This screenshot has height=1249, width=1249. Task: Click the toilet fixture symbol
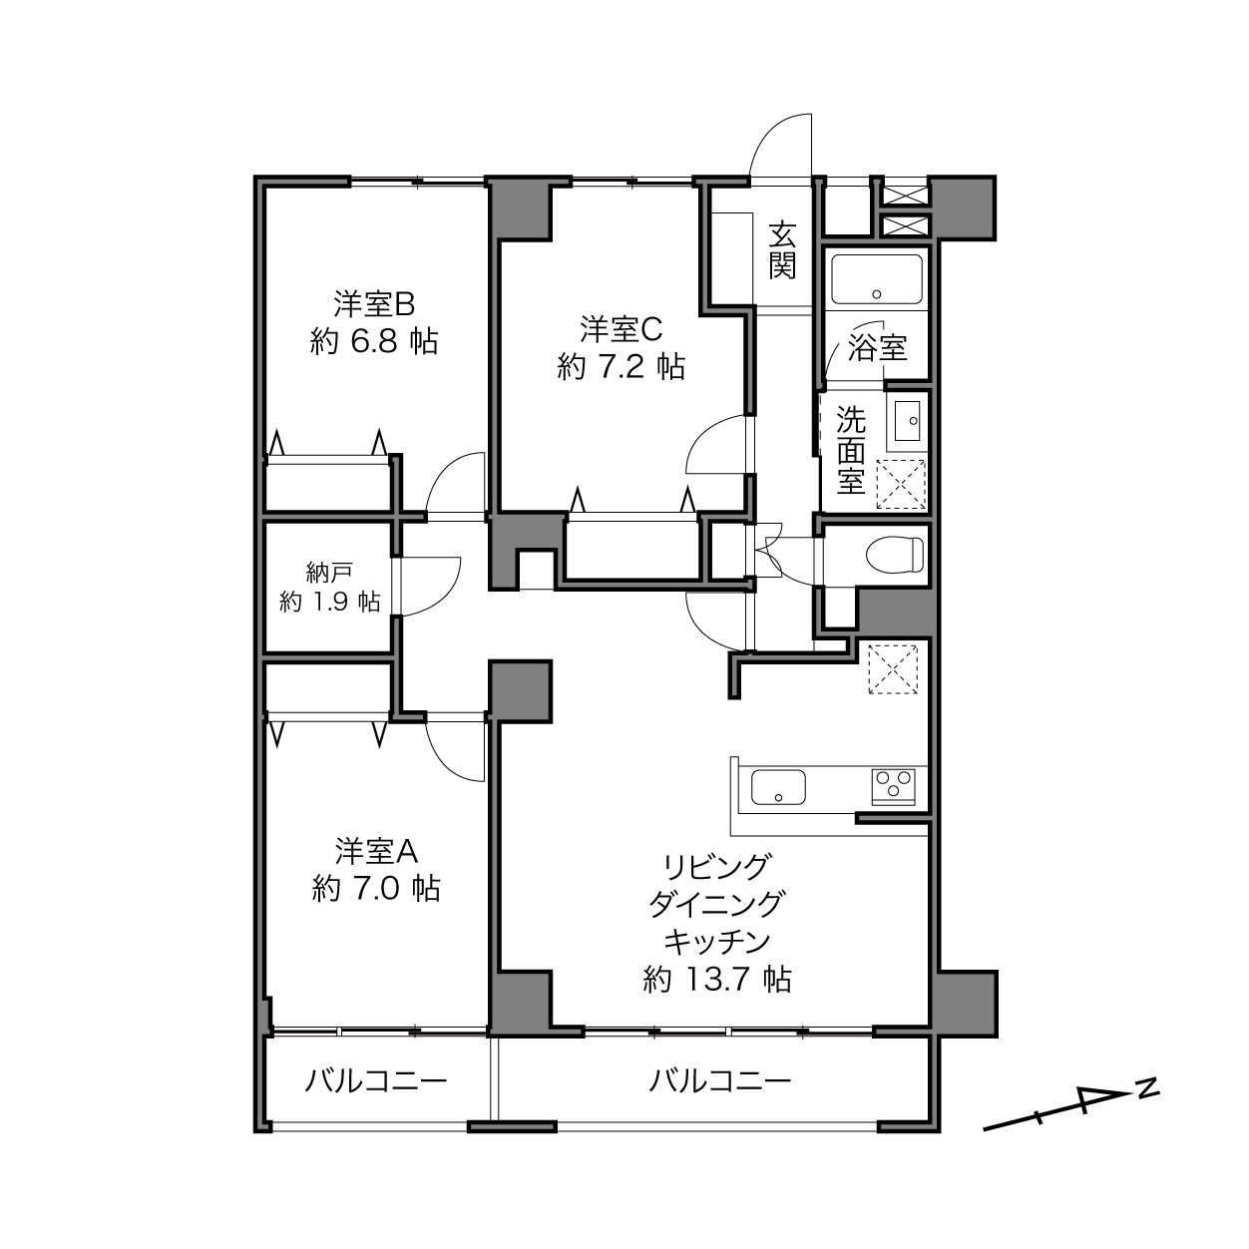click(895, 555)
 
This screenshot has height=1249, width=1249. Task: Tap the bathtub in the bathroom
click(876, 278)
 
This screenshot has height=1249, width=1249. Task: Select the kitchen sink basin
click(778, 787)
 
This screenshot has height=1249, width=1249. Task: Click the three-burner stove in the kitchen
click(893, 786)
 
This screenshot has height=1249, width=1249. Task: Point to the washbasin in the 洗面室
click(907, 421)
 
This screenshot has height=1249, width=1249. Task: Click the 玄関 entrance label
click(782, 250)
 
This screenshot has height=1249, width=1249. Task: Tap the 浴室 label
click(877, 349)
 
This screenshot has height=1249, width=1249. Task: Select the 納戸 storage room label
click(329, 573)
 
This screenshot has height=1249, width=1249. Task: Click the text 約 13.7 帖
click(717, 979)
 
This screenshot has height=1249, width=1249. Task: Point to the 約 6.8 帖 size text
click(374, 341)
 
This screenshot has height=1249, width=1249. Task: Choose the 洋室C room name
click(621, 329)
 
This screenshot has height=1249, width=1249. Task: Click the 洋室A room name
click(376, 852)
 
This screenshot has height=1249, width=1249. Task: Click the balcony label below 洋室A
click(376, 1080)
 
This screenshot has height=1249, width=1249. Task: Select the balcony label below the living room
click(720, 1080)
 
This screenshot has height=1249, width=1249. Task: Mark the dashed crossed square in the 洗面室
click(901, 484)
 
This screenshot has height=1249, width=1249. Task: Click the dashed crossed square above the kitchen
click(893, 669)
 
